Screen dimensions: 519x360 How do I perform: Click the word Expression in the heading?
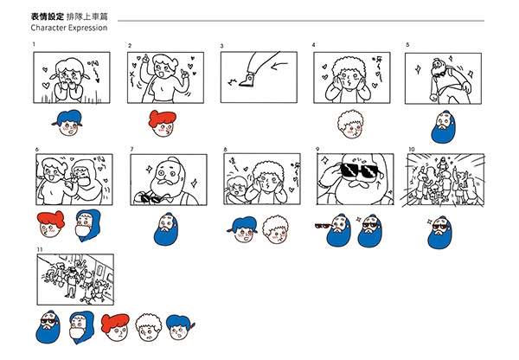point(87,28)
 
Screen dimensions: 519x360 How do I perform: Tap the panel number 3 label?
point(222,46)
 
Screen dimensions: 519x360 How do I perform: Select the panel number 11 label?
point(40,249)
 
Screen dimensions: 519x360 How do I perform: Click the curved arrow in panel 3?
point(279,66)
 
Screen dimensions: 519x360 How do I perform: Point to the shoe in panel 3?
point(247,80)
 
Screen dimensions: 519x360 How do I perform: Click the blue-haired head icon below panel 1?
point(67,123)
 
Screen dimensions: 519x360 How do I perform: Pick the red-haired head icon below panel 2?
point(163,123)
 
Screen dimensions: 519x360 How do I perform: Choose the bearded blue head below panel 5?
point(444,127)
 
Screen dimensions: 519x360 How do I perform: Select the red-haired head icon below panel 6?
point(51,224)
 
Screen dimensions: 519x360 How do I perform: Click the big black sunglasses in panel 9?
point(356,170)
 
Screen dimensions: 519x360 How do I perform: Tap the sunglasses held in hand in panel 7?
point(151,198)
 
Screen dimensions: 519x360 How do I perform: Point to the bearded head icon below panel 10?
point(440,233)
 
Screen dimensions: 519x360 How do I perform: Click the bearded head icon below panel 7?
point(166,229)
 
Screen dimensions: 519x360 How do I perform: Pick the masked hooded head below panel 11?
point(81,327)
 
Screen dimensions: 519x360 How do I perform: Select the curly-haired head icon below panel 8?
point(276,229)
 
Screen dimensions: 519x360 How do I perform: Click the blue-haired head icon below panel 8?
point(243,229)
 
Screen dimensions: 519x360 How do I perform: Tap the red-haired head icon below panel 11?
point(116,328)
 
